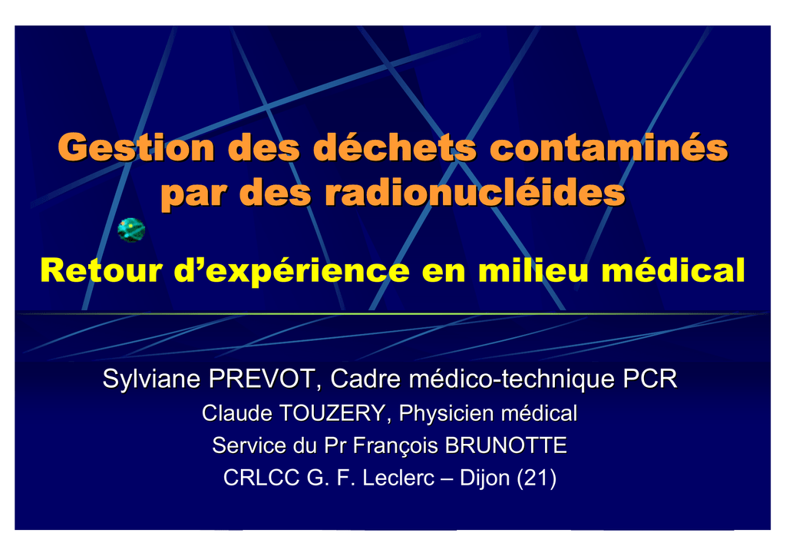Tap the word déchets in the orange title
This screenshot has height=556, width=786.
tap(395, 147)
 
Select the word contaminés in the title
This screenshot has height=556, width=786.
tap(609, 147)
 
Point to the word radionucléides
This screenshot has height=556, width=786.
tap(475, 193)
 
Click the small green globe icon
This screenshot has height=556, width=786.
tap(131, 230)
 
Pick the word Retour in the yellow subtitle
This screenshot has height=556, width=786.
tap(101, 271)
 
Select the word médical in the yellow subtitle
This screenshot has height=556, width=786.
tap(673, 271)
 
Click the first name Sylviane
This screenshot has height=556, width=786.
tap(152, 379)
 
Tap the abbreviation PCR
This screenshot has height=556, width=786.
tap(650, 379)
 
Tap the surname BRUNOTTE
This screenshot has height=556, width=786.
tap(506, 445)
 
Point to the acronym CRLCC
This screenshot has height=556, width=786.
tap(261, 478)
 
